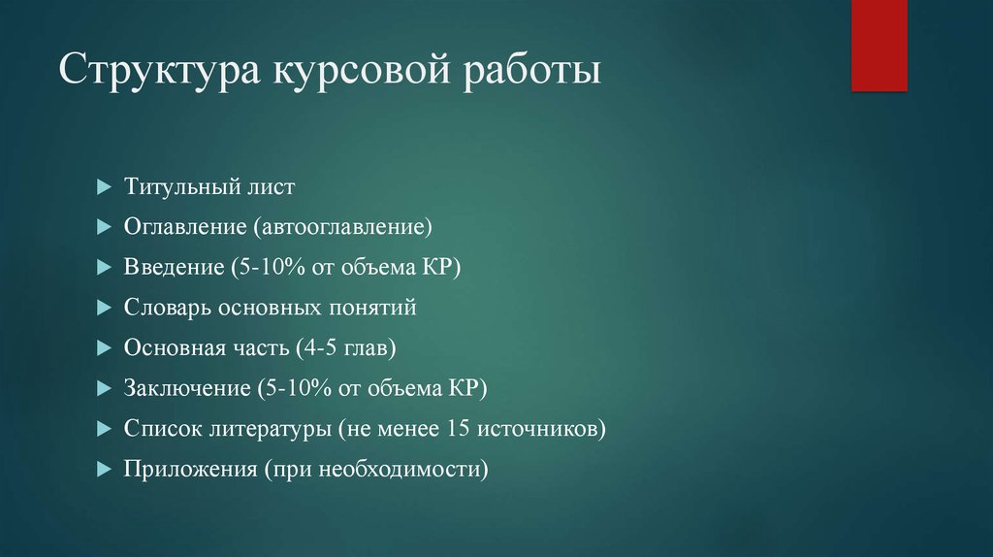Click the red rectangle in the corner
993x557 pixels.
pyautogui.click(x=879, y=45)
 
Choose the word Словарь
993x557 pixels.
pyautogui.click(x=166, y=308)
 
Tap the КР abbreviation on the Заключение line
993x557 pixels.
pyautogui.click(x=463, y=389)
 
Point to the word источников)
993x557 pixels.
pyautogui.click(x=543, y=429)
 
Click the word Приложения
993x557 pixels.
pyautogui.click(x=186, y=470)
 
